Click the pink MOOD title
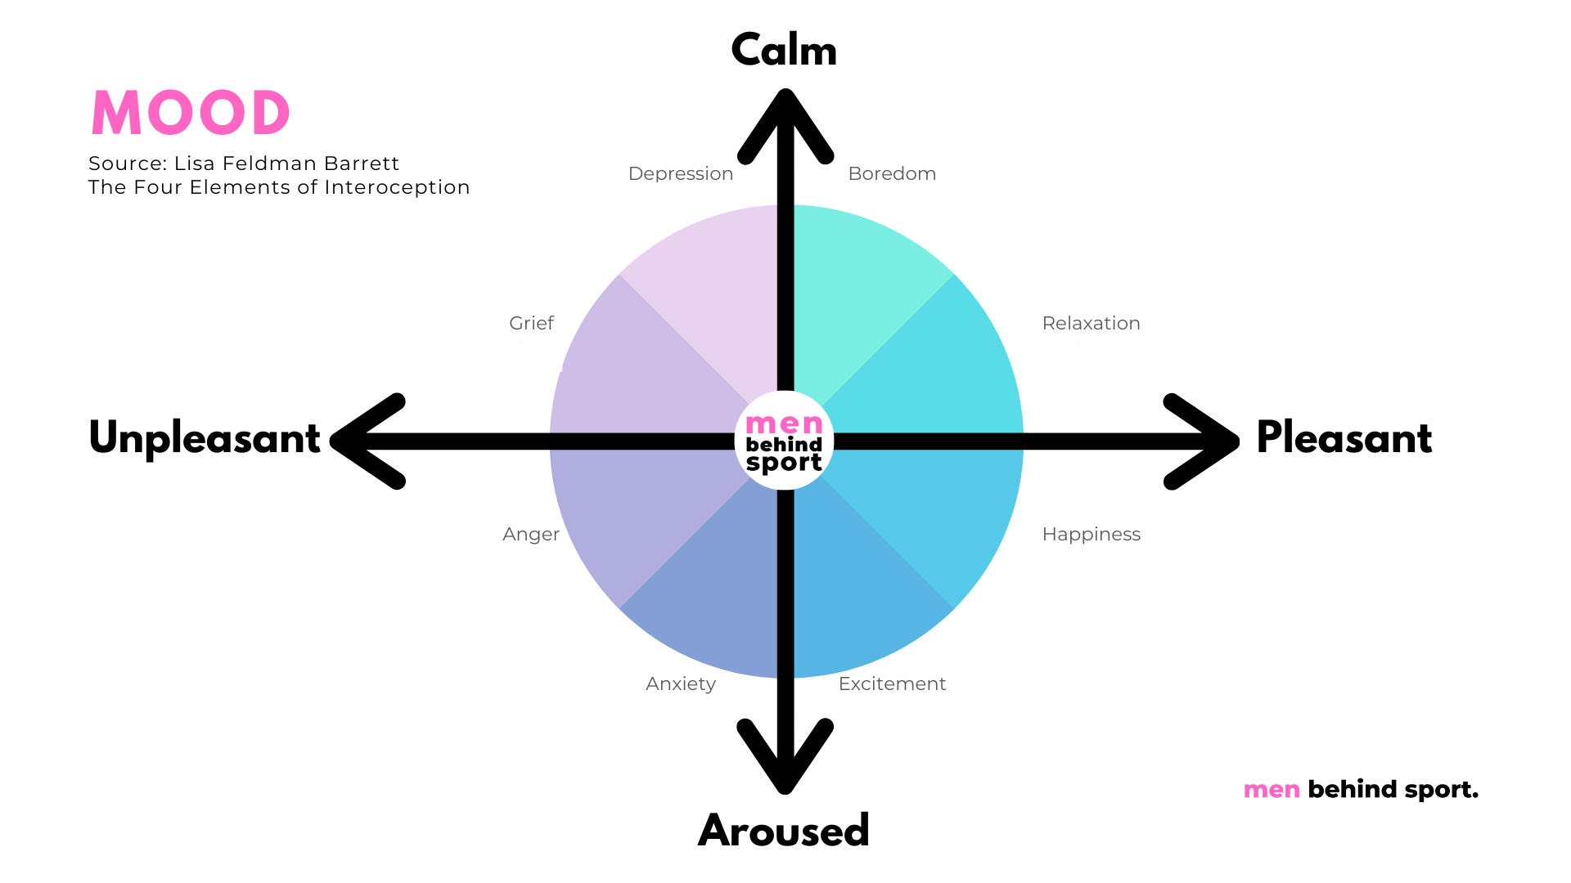click(191, 113)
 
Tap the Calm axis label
click(784, 50)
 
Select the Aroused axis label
click(784, 831)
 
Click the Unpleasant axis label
click(205, 438)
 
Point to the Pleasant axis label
click(1344, 437)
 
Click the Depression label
click(681, 174)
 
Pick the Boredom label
click(892, 173)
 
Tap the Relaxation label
click(1091, 323)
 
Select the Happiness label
click(1091, 535)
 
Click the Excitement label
click(892, 684)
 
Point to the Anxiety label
click(681, 684)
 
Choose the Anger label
click(531, 535)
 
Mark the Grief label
click(531, 323)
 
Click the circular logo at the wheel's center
click(784, 441)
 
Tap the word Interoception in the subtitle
click(397, 187)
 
